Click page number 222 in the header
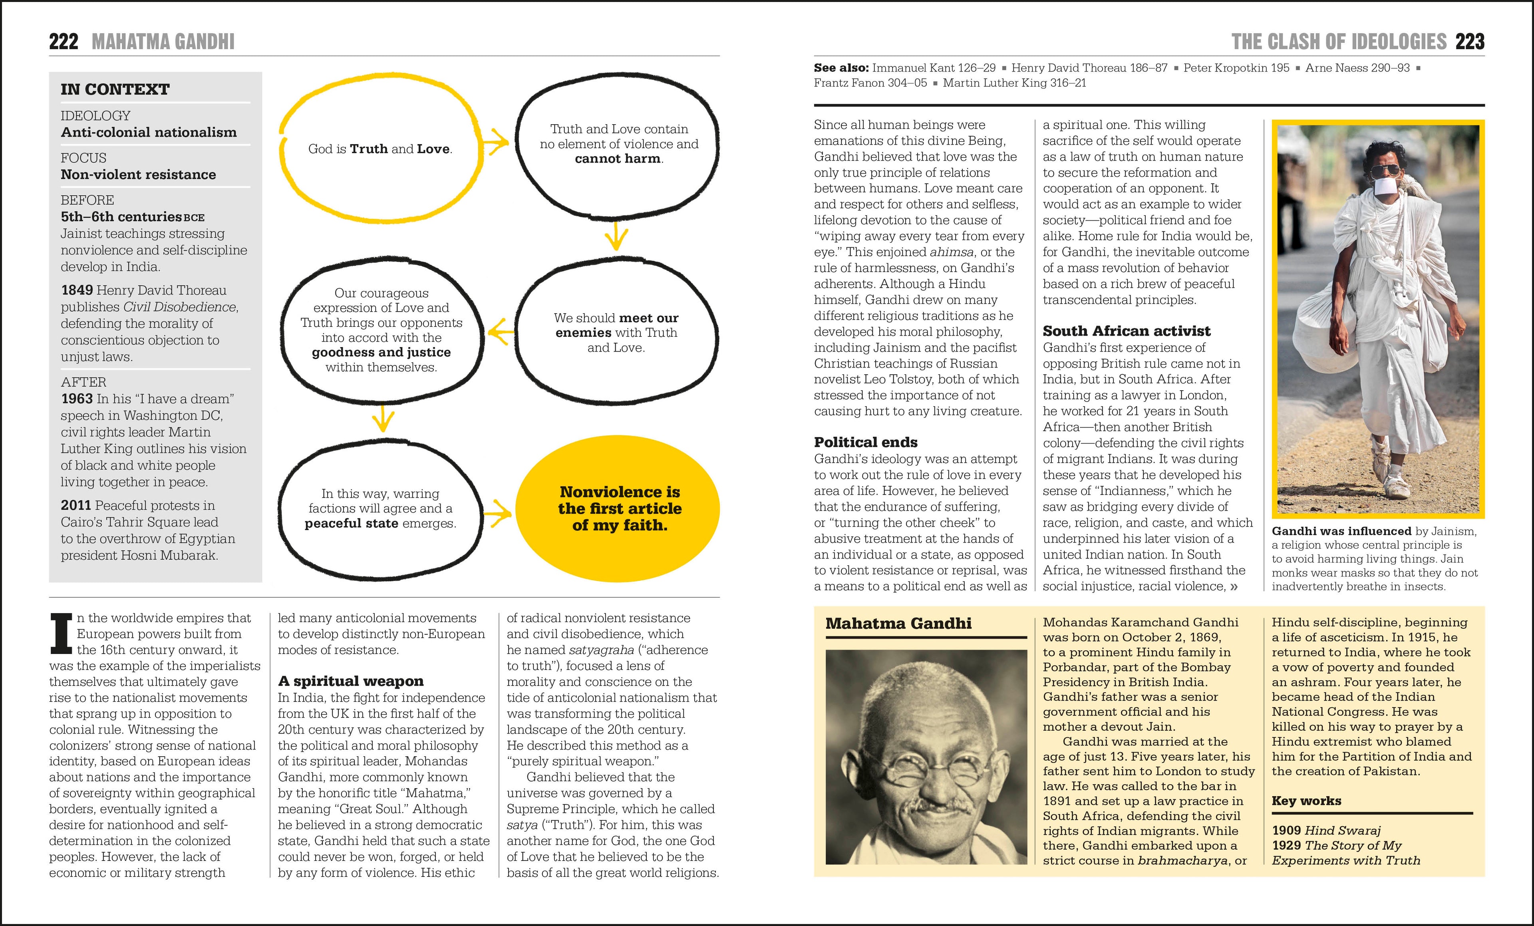pyautogui.click(x=64, y=42)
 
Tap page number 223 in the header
pyautogui.click(x=1469, y=42)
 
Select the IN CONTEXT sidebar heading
pyautogui.click(x=115, y=89)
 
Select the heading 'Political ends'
pyautogui.click(x=865, y=442)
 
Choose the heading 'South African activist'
pyautogui.click(x=1126, y=331)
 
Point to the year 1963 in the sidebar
pyautogui.click(x=77, y=399)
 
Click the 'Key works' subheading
pyautogui.click(x=1306, y=801)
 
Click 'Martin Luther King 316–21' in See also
pyautogui.click(x=1014, y=83)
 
